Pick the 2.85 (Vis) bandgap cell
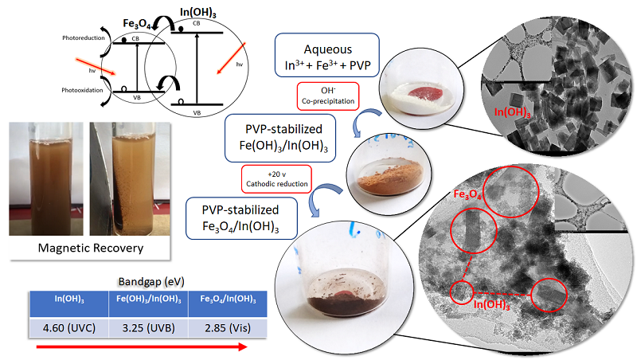point(226,327)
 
